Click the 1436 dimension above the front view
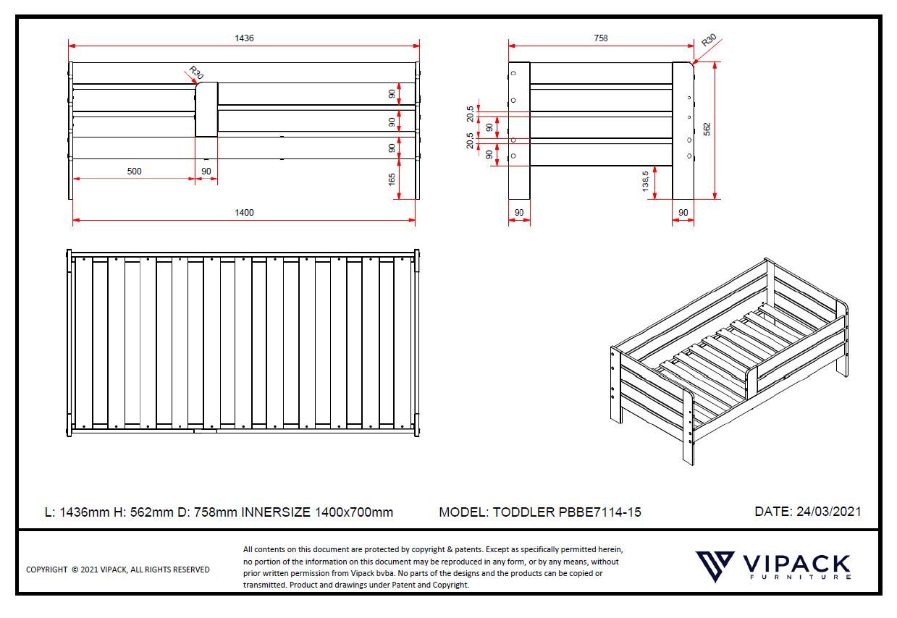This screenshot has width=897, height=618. (245, 38)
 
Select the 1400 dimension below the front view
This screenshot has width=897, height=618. (244, 213)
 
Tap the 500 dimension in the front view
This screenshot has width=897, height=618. (134, 172)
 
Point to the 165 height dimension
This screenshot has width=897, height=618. (392, 179)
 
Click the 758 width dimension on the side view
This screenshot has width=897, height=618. (600, 38)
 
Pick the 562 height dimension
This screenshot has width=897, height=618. (707, 128)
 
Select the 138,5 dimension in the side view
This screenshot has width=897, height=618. (646, 181)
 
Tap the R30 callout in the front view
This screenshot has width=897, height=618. (195, 73)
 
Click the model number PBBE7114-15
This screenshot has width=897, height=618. (600, 512)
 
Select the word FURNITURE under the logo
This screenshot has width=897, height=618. (796, 577)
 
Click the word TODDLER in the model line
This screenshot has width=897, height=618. (524, 512)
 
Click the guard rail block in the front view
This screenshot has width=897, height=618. (206, 109)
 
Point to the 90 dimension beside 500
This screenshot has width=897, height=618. (206, 172)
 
